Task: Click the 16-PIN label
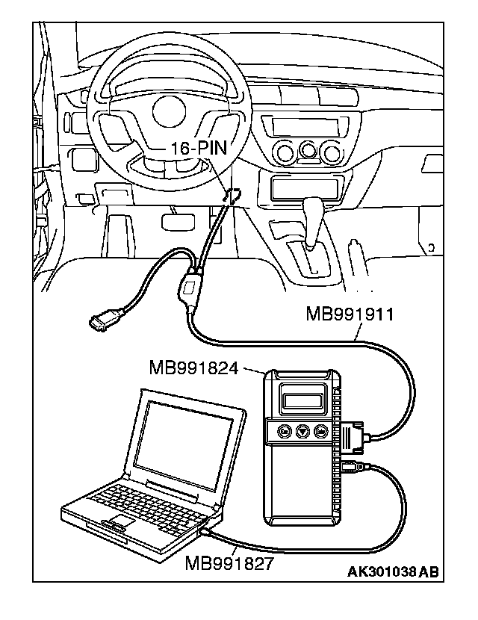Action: [x=195, y=148]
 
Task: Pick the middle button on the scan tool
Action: [x=302, y=431]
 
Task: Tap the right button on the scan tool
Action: [x=320, y=431]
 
